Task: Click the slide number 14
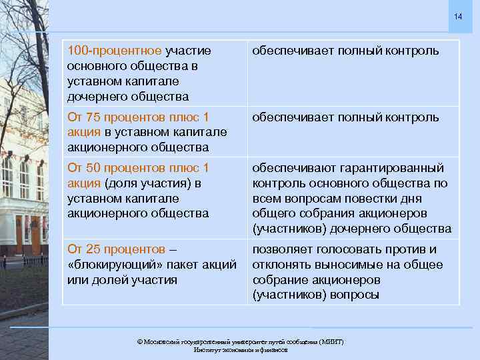[x=457, y=16]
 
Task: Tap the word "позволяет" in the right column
[x=281, y=249]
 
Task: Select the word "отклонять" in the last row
[x=283, y=265]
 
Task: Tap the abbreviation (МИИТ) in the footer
[x=329, y=341]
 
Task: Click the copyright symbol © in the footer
[x=140, y=341]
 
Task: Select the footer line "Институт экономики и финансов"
[x=240, y=349]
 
